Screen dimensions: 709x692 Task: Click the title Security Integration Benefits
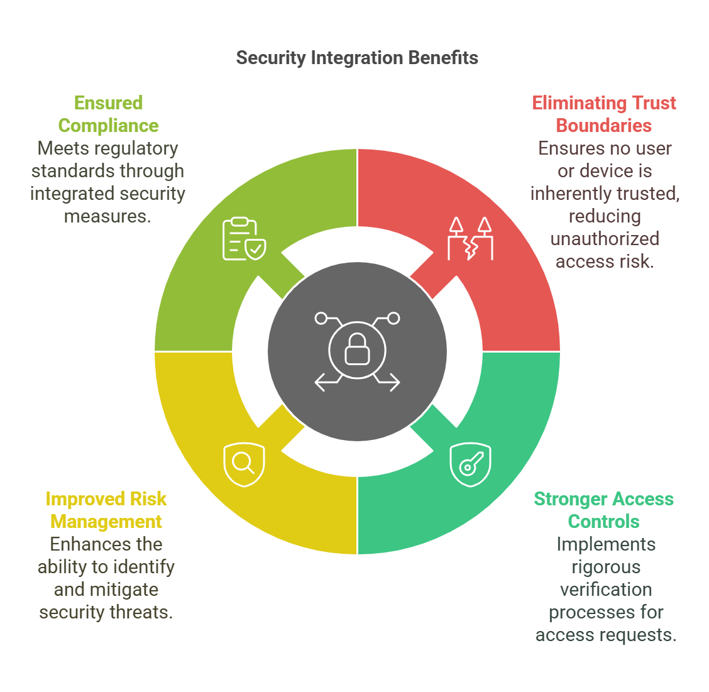click(x=357, y=58)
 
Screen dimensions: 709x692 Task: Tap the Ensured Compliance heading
click(x=109, y=114)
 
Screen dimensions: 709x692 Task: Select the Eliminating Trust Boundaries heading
click(x=603, y=114)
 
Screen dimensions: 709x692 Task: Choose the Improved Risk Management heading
click(x=106, y=510)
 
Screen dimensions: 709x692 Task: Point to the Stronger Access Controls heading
click(x=603, y=510)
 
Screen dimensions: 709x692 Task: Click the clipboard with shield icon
click(x=244, y=239)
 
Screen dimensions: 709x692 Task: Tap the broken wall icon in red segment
click(x=470, y=239)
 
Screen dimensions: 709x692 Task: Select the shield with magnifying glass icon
click(x=244, y=464)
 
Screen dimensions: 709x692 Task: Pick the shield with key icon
click(x=470, y=464)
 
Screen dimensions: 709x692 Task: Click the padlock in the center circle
click(x=357, y=349)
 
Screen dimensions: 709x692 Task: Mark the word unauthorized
click(x=605, y=238)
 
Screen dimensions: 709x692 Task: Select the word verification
click(x=606, y=590)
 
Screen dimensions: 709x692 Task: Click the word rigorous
click(x=606, y=567)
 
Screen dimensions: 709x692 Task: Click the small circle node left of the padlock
click(x=321, y=319)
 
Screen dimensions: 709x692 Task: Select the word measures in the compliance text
click(x=107, y=217)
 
